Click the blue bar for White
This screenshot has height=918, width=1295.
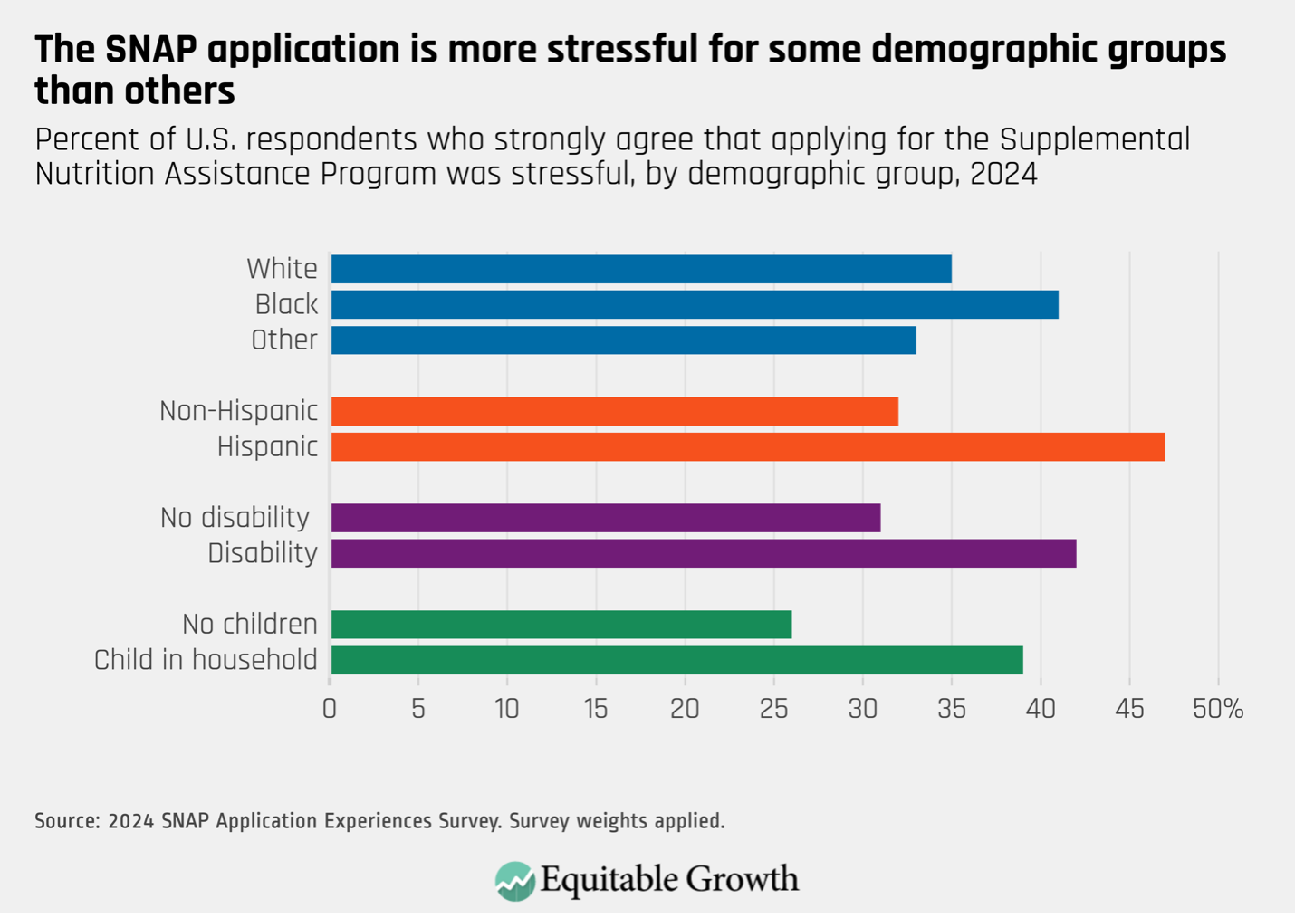(x=641, y=269)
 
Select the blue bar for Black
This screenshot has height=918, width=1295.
(x=695, y=304)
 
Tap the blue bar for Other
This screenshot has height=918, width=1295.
(x=623, y=340)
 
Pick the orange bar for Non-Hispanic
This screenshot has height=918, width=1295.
(x=614, y=411)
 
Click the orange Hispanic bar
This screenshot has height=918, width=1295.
(x=748, y=447)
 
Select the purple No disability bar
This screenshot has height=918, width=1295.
(x=605, y=518)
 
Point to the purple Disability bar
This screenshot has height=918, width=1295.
(x=704, y=553)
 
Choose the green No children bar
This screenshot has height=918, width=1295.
(x=561, y=625)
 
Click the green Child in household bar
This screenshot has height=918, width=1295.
(x=676, y=660)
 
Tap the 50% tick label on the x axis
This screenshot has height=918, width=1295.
(x=1218, y=709)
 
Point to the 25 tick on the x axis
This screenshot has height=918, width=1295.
(x=773, y=709)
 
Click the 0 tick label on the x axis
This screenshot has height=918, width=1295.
(x=330, y=709)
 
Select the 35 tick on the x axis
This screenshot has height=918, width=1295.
(x=951, y=709)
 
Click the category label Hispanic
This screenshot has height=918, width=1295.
(x=267, y=447)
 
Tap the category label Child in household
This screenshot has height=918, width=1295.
(x=206, y=660)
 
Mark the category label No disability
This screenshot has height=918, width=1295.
(x=235, y=518)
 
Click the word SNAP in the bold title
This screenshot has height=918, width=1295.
(x=149, y=50)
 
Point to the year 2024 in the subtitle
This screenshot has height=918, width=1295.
(x=1002, y=173)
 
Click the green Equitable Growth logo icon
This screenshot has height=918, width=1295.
(x=514, y=881)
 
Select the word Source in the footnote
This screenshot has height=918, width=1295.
(x=66, y=821)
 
